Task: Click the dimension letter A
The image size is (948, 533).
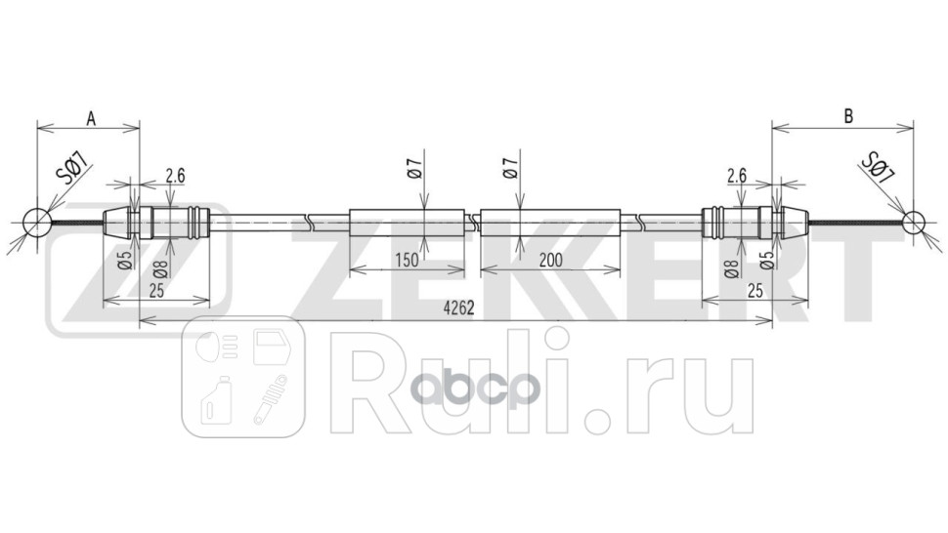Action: click(90, 118)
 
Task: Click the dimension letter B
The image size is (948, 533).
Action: click(848, 116)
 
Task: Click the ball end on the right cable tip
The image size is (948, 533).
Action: click(912, 223)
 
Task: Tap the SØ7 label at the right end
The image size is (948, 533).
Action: click(878, 168)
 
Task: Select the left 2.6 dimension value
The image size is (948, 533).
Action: click(175, 176)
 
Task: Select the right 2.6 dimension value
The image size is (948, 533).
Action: click(737, 176)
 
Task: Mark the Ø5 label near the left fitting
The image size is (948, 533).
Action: click(124, 261)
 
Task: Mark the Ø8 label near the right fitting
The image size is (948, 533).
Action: click(730, 268)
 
